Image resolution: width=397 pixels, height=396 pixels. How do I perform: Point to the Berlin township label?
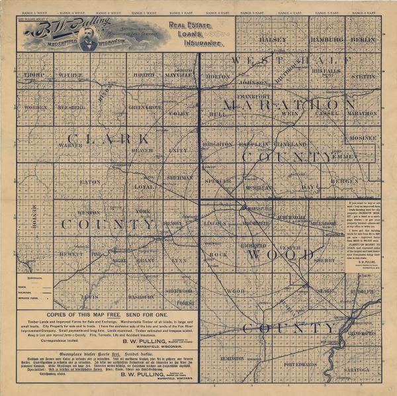[363, 40]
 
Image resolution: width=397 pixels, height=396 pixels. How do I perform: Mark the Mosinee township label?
[363, 138]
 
